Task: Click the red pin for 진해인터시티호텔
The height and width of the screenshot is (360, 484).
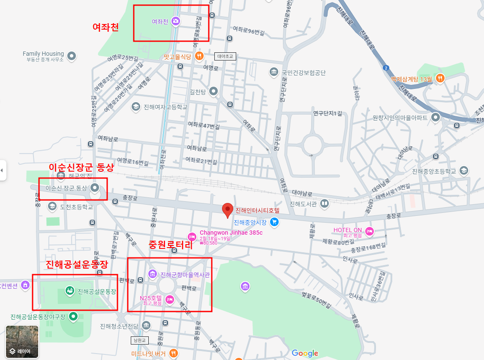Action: [228, 210]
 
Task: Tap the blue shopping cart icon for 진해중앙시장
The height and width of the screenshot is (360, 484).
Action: [274, 222]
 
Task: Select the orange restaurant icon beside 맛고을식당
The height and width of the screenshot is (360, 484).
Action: [199, 56]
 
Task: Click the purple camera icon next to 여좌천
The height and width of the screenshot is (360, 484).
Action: [175, 21]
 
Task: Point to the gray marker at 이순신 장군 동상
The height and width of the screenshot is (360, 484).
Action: [95, 188]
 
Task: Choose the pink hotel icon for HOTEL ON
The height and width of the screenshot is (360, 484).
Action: [370, 232]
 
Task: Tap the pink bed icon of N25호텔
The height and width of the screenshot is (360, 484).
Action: [170, 299]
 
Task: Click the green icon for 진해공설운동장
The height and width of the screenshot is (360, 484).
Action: [69, 291]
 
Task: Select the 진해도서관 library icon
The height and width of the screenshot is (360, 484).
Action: [325, 204]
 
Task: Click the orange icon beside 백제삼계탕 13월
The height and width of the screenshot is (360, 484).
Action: [440, 78]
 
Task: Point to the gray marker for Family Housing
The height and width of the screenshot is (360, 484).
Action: [72, 56]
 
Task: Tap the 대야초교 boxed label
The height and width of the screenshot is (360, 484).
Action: [225, 56]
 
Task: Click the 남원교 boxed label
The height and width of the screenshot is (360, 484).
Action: [139, 340]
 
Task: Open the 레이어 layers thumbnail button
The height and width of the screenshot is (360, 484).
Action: [22, 342]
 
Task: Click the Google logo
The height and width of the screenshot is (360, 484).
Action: [305, 353]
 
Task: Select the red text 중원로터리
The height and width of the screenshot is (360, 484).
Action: [170, 245]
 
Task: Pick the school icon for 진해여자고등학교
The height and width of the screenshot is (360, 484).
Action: [136, 107]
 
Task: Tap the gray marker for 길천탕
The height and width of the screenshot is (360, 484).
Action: [213, 91]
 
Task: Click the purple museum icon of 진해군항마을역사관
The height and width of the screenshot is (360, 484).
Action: [153, 274]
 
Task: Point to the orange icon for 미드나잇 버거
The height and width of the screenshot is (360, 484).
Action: [174, 353]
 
